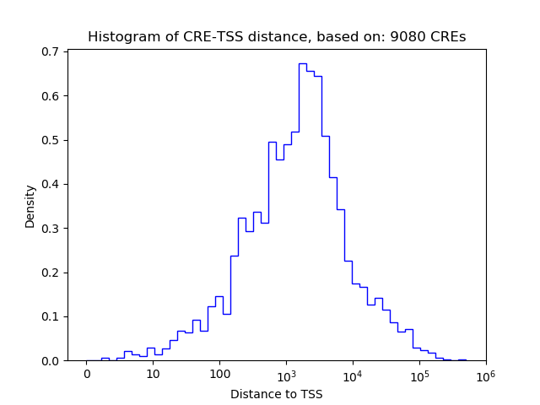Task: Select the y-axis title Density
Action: coord(30,206)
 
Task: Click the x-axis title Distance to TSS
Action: coord(277,394)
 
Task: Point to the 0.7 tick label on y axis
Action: coord(51,51)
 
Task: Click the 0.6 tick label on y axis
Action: coord(51,96)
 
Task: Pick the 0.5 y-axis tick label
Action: coord(51,140)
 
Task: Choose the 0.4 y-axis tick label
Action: coord(51,184)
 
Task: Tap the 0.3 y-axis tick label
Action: coord(51,229)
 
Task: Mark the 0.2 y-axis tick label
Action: coord(51,273)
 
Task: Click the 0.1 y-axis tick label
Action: coord(51,316)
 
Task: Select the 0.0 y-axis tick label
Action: coord(51,361)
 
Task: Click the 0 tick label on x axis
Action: coord(87,374)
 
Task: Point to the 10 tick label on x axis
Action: coord(153,374)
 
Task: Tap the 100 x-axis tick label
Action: coord(219,374)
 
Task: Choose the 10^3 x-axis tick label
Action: coord(286,373)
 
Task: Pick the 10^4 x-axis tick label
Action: coord(353,373)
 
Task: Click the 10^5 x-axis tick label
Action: coord(419,373)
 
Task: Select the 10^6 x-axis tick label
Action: coord(485,373)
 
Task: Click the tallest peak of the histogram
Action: coord(302,64)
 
